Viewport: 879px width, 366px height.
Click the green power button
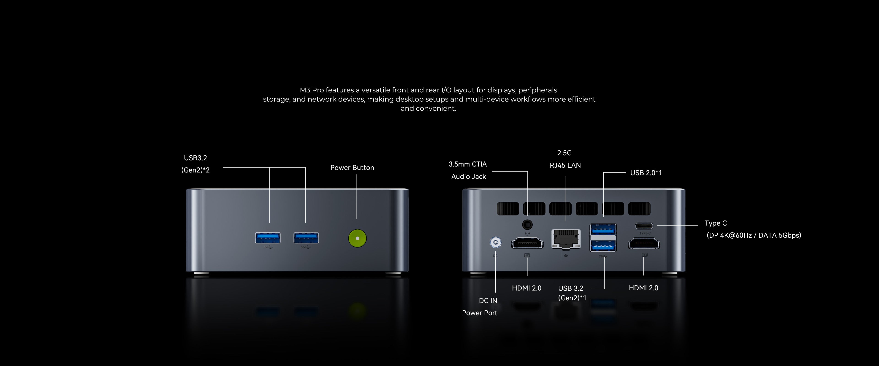[x=357, y=238]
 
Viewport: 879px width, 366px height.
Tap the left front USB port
[x=268, y=238]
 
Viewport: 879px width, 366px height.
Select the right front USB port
[x=306, y=238]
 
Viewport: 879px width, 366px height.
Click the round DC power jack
[x=495, y=242]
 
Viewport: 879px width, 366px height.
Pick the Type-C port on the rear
[x=644, y=226]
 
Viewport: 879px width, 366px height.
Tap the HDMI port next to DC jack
[x=527, y=243]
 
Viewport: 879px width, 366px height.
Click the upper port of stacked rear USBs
[x=603, y=229]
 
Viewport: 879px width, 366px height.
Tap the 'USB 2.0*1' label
[x=646, y=173]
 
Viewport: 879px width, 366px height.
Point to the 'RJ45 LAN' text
[x=565, y=165]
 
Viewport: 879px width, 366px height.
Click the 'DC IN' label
[x=488, y=301]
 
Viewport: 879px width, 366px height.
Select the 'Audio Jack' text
[x=469, y=177]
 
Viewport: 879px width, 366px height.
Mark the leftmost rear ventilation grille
[x=508, y=209]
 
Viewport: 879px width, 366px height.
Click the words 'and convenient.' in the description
[x=428, y=108]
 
